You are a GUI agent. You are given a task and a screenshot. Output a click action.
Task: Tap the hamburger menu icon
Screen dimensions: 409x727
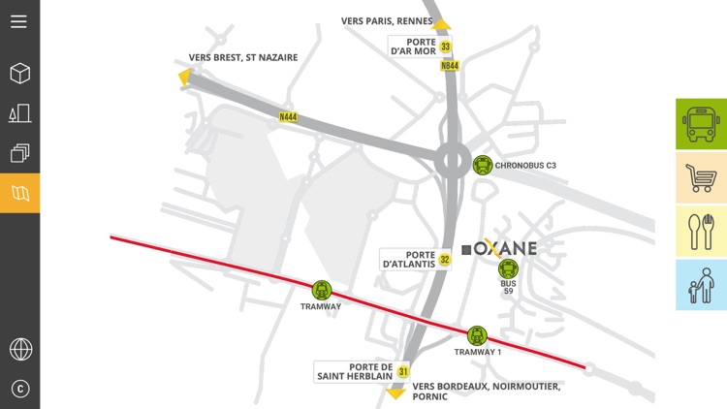click(x=19, y=20)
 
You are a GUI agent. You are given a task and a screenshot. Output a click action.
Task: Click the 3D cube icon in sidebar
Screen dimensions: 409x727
click(x=19, y=74)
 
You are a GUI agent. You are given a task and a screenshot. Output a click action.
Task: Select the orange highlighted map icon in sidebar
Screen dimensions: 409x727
click(x=19, y=193)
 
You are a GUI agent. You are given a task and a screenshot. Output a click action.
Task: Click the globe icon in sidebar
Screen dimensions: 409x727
click(x=19, y=348)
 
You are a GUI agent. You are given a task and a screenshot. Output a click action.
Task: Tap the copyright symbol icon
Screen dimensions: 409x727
click(x=19, y=389)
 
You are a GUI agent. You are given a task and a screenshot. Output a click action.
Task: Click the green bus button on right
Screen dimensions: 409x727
click(x=701, y=123)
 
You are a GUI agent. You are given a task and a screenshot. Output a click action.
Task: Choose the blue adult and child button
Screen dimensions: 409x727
click(x=701, y=285)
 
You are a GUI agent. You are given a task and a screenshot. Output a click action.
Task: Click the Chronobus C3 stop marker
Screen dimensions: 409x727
click(x=482, y=166)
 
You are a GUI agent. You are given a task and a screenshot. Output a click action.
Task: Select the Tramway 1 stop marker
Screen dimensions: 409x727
click(x=476, y=335)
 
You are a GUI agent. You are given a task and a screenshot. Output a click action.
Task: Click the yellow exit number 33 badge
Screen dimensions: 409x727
click(x=445, y=47)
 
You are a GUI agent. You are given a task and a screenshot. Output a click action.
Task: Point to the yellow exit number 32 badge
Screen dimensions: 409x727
click(x=445, y=260)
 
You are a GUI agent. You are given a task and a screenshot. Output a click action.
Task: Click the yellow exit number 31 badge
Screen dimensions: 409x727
click(x=403, y=371)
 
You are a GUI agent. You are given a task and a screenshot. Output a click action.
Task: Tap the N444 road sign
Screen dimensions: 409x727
click(x=288, y=117)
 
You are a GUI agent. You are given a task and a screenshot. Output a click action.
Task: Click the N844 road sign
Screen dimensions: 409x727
click(x=450, y=66)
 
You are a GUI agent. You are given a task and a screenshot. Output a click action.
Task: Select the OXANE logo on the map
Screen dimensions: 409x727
click(x=499, y=248)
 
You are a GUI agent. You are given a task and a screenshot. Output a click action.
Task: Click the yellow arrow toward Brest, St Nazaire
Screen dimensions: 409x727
click(x=183, y=77)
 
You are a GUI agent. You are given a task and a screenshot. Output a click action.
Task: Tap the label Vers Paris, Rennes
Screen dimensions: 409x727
click(x=387, y=20)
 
